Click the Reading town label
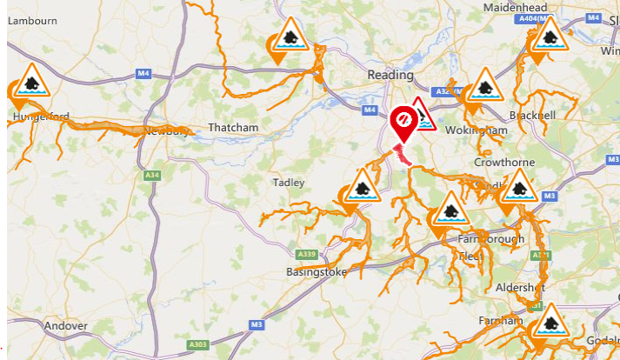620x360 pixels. (x=390, y=75)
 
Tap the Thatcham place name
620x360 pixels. (x=233, y=128)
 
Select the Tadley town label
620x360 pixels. (x=289, y=183)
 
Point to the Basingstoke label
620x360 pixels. (x=316, y=272)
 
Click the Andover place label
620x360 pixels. (x=66, y=326)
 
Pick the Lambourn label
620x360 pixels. (x=32, y=20)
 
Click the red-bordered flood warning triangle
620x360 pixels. (x=423, y=114)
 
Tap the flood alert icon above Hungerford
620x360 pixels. (x=31, y=82)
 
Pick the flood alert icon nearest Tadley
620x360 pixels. (x=361, y=187)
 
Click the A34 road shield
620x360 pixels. (x=152, y=175)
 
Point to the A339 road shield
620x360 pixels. (x=305, y=254)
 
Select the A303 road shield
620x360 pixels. (x=199, y=345)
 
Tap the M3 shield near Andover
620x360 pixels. (x=257, y=324)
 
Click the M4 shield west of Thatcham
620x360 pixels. (x=143, y=74)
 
